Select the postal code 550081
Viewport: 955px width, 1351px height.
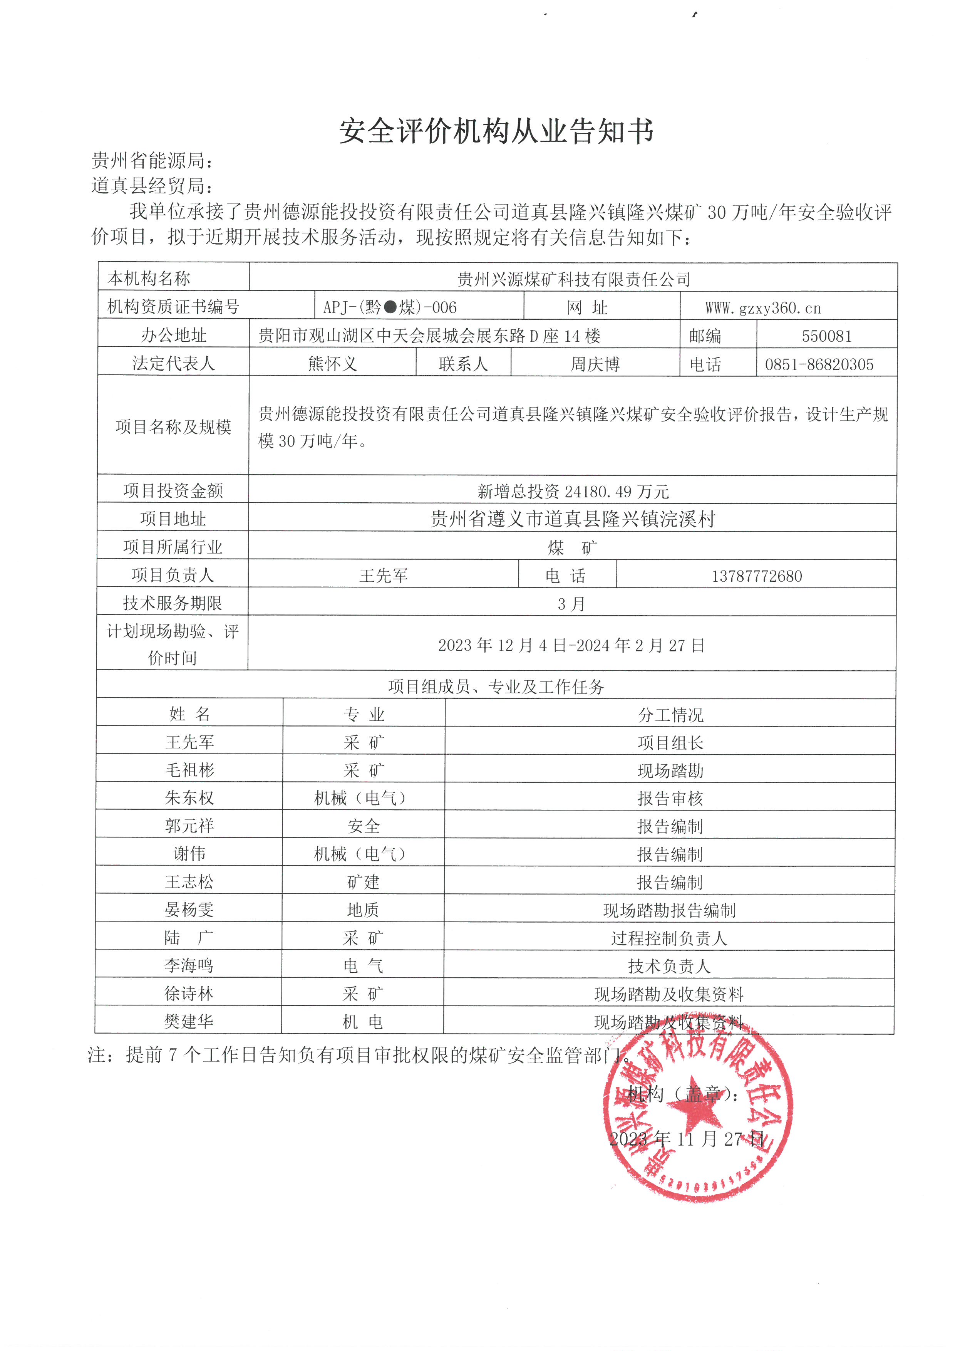[826, 336]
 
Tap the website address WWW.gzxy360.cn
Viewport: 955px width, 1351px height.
[763, 308]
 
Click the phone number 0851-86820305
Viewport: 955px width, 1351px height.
[819, 364]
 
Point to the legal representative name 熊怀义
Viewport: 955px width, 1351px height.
[332, 364]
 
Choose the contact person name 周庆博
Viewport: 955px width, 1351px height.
[595, 364]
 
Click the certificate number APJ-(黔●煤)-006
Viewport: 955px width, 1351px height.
[390, 307]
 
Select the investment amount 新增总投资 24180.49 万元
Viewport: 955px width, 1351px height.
[573, 491]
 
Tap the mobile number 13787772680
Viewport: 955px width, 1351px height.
[757, 576]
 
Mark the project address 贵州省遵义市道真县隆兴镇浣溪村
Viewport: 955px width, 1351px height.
[572, 519]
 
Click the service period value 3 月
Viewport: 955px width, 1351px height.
[571, 604]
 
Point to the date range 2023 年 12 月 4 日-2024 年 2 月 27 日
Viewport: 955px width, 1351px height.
[571, 646]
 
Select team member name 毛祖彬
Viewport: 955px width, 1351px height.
[189, 770]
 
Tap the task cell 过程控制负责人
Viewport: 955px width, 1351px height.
[669, 938]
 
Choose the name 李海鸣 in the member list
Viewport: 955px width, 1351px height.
[189, 966]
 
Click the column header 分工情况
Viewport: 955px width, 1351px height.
[670, 715]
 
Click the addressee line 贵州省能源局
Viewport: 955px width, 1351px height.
[152, 160]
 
